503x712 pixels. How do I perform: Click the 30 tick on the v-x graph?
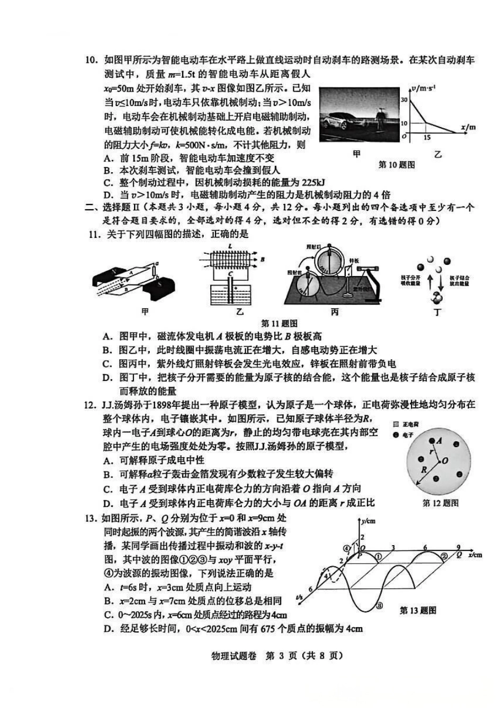pyautogui.click(x=405, y=99)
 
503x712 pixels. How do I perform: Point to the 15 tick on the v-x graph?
pyautogui.click(x=427, y=137)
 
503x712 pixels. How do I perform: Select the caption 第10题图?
pyautogui.click(x=397, y=165)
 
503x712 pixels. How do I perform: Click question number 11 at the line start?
pyautogui.click(x=95, y=234)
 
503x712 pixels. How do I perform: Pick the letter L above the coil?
pyautogui.click(x=229, y=247)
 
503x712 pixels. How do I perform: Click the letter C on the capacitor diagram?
pyautogui.click(x=229, y=273)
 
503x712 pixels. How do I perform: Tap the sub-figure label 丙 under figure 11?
pyautogui.click(x=335, y=313)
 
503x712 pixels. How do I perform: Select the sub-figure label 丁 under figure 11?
pyautogui.click(x=437, y=313)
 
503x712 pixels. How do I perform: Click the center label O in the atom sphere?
pyautogui.click(x=445, y=461)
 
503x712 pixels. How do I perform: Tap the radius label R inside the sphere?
pyautogui.click(x=424, y=469)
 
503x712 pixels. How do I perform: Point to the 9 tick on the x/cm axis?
pyautogui.click(x=459, y=547)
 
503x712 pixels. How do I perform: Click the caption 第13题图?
pyautogui.click(x=418, y=611)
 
